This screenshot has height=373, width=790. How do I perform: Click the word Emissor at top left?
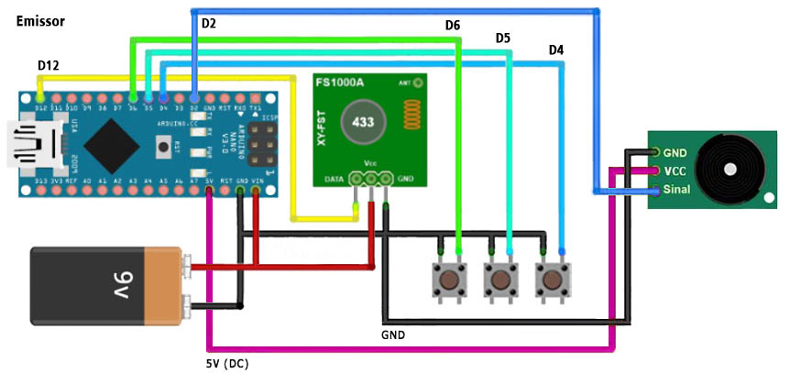[x=40, y=20]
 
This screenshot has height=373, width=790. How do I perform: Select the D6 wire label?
[x=452, y=26]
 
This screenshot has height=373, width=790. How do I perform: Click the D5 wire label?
[x=503, y=38]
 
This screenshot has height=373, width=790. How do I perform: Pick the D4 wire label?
[x=556, y=49]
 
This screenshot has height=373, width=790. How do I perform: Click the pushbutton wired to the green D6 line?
[x=448, y=277]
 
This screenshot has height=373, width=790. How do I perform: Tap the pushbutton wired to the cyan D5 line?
[x=499, y=277]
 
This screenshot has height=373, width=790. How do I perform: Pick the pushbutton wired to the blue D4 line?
[x=551, y=277]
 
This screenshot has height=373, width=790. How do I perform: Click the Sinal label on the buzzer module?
[x=676, y=191]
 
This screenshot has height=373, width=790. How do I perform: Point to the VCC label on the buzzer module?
[x=675, y=171]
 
